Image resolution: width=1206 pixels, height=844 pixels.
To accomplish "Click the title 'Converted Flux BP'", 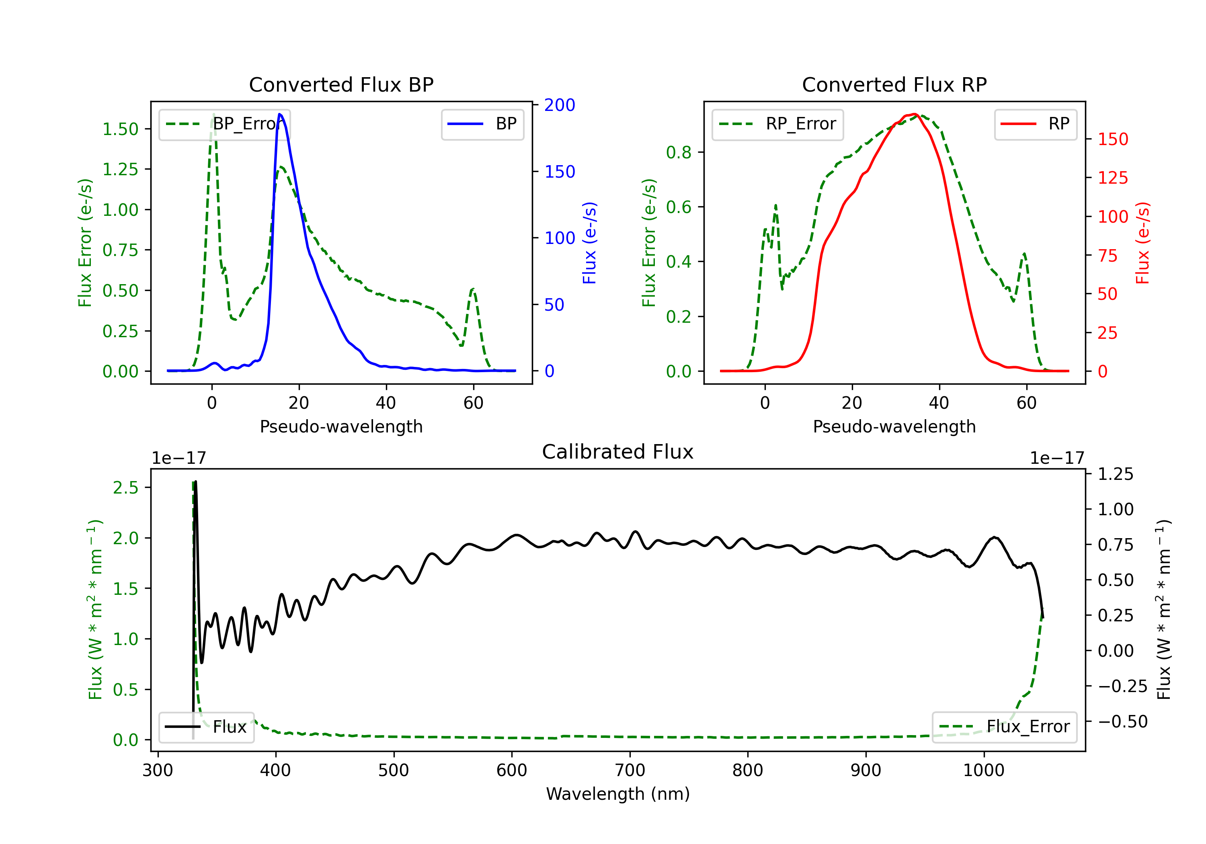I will tap(341, 84).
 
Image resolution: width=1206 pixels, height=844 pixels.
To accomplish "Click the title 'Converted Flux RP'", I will tap(894, 84).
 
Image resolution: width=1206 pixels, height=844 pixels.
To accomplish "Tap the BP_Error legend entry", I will tap(225, 124).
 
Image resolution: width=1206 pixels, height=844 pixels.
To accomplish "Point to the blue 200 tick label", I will tap(560, 105).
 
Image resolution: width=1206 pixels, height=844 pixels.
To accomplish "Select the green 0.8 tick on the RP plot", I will tap(679, 152).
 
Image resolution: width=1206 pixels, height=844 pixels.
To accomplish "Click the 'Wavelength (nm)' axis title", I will tap(618, 794).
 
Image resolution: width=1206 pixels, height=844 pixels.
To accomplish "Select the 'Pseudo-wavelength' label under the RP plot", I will tap(894, 426).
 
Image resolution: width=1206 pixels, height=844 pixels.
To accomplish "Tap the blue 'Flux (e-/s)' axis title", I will tap(589, 243).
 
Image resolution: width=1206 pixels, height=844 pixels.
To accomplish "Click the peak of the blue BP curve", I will tap(280, 114).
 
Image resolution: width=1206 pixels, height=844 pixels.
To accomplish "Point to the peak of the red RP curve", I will tap(915, 114).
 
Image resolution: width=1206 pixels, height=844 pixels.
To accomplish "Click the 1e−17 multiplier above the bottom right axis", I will tap(1056, 459).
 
